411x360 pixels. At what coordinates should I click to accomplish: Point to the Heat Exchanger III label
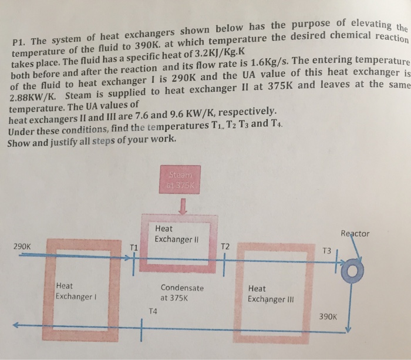(269, 294)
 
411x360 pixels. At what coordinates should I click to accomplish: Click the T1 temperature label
(133, 247)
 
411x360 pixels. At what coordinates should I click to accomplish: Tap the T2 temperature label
(227, 247)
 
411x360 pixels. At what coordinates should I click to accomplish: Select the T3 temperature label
(327, 251)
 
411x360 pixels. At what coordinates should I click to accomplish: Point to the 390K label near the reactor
(328, 315)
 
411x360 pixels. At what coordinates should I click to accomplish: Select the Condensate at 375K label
(182, 292)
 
